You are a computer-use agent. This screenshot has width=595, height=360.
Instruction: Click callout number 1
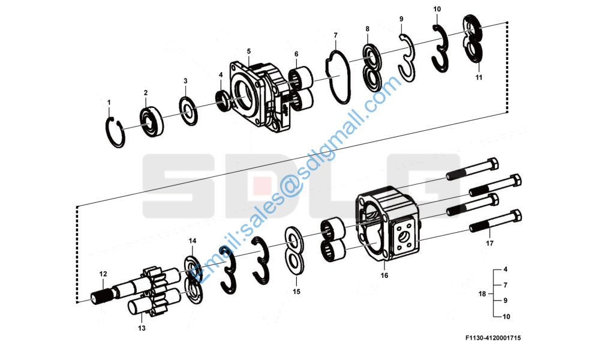pos(109,103)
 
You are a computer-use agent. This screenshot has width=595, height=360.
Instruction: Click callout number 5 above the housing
pos(248,52)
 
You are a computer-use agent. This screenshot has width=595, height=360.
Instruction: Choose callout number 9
pos(401,19)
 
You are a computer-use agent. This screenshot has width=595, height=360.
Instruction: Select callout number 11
pos(479,77)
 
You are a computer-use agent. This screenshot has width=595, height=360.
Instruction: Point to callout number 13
pos(142,328)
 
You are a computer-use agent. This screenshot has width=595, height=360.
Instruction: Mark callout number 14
pos(193,241)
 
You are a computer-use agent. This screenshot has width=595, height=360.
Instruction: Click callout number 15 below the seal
pos(296,292)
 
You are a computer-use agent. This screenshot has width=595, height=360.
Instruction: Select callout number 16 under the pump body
pos(384,275)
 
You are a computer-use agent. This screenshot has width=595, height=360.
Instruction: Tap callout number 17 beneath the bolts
pos(489,244)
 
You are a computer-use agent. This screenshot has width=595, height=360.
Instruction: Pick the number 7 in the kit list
pos(506,285)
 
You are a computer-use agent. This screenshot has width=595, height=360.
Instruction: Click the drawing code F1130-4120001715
pos(492,338)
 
